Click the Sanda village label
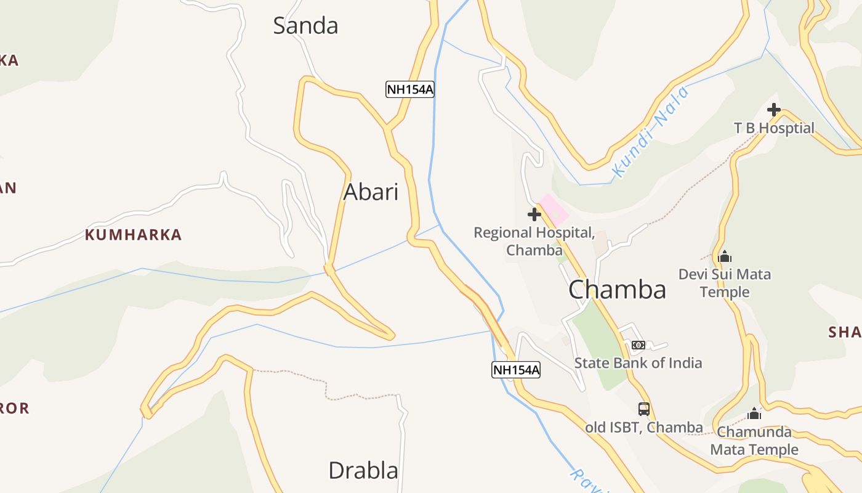pyautogui.click(x=305, y=26)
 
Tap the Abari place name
pyautogui.click(x=371, y=192)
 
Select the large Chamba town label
pyautogui.click(x=617, y=289)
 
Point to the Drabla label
pyautogui.click(x=363, y=470)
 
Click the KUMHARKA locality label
pyautogui.click(x=133, y=235)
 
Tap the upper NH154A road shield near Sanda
pyautogui.click(x=410, y=89)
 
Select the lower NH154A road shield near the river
pyautogui.click(x=516, y=370)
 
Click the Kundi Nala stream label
pyautogui.click(x=650, y=132)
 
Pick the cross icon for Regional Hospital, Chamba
pyautogui.click(x=534, y=214)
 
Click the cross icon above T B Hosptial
pyautogui.click(x=774, y=110)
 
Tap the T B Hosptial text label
pyautogui.click(x=774, y=128)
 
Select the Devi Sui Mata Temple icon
pyautogui.click(x=725, y=256)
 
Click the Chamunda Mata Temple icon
pyautogui.click(x=754, y=414)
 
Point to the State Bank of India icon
pyautogui.click(x=638, y=345)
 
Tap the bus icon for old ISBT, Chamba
pyautogui.click(x=643, y=409)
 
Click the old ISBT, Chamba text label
pyautogui.click(x=643, y=427)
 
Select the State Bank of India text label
pyautogui.click(x=638, y=362)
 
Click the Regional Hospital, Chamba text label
pyautogui.click(x=534, y=241)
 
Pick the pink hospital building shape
pyautogui.click(x=554, y=210)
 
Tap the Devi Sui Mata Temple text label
pyautogui.click(x=725, y=282)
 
